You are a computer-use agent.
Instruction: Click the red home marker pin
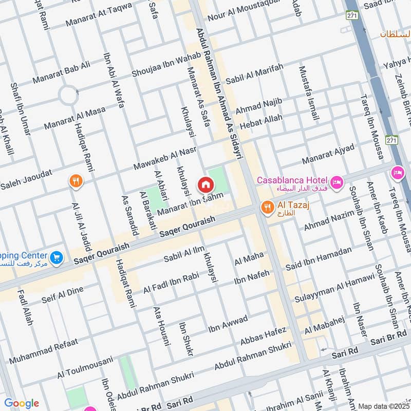206,184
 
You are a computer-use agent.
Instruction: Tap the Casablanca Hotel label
292,179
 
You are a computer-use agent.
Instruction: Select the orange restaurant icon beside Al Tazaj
267,208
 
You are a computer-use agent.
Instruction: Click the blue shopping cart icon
57,257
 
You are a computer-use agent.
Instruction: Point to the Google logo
22,403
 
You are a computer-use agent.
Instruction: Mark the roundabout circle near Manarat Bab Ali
68,95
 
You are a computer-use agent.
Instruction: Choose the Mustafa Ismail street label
308,94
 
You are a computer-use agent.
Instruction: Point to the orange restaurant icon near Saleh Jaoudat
76,180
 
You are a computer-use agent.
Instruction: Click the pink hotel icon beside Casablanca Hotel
337,182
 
